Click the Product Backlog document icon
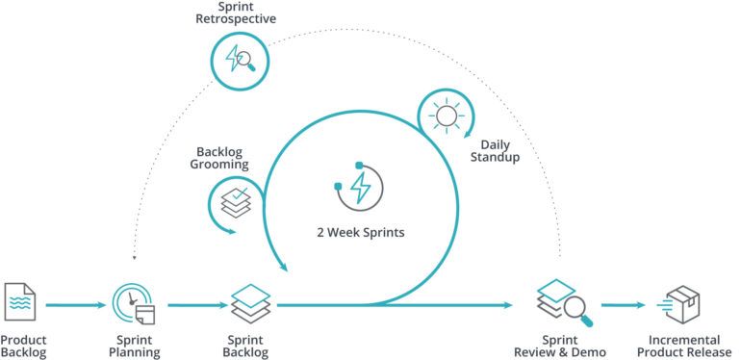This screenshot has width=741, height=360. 20,301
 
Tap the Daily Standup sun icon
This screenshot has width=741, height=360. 446,116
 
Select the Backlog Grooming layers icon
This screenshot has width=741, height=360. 235,200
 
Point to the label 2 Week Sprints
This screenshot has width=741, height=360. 360,233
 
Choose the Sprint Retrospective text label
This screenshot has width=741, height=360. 236,13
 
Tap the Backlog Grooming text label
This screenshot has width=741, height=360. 222,158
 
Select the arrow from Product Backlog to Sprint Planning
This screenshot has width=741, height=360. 73,306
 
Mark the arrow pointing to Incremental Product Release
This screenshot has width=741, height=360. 623,306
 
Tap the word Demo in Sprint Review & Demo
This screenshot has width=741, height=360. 590,353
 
